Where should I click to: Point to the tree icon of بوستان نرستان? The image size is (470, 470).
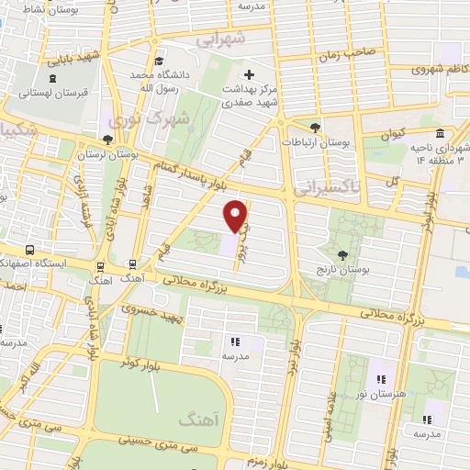(x=109, y=140)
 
